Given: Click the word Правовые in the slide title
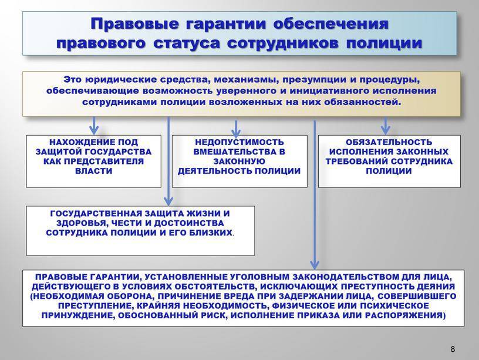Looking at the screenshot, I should click(x=134, y=24).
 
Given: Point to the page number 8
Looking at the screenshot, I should click(x=453, y=349).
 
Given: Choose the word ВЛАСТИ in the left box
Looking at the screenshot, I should click(x=94, y=171).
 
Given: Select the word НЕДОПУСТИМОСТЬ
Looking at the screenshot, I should click(x=239, y=143).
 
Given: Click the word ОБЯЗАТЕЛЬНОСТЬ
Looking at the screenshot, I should click(x=389, y=143).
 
